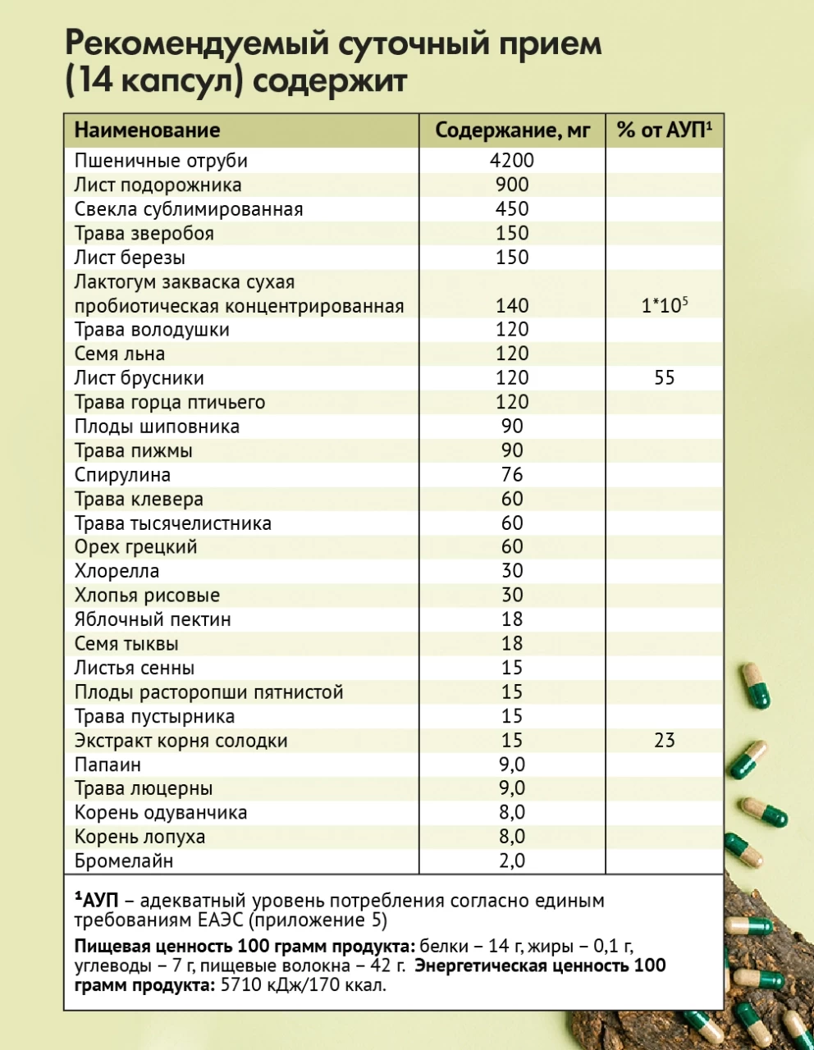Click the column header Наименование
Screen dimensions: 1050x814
coord(147,130)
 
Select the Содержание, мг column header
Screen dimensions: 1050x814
coord(512,130)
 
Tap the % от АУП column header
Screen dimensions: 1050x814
coord(664,130)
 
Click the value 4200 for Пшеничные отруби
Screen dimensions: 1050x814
coord(512,161)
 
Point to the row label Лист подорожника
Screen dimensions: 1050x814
coord(158,185)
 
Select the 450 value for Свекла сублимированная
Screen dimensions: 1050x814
coord(512,209)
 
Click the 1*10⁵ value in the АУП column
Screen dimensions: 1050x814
coord(664,306)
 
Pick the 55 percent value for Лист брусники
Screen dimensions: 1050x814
coord(664,378)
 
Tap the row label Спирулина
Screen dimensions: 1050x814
coord(122,475)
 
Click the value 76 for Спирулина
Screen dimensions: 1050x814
coord(512,475)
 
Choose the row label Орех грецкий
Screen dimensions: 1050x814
coord(135,547)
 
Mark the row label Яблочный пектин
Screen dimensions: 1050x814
coord(153,620)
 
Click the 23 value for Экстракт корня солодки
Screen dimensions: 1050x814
coord(664,741)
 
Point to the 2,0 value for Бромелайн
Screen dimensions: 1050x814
coord(512,861)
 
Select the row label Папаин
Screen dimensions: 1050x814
coord(107,765)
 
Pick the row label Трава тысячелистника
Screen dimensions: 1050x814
coord(172,523)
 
